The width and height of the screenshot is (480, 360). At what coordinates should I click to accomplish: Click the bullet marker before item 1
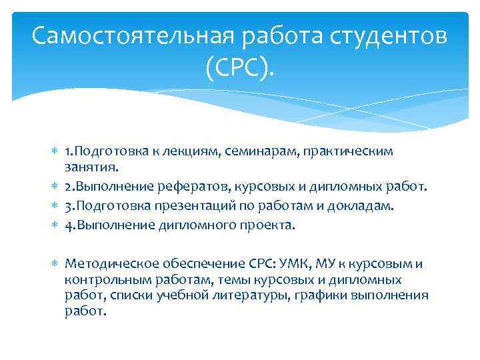tap(55, 151)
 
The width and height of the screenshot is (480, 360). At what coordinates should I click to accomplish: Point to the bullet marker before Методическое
tap(55, 265)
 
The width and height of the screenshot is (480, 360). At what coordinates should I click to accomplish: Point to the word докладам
tap(366, 207)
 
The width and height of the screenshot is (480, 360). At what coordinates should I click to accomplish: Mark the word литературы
tap(251, 295)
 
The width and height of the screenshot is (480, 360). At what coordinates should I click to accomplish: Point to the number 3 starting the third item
tap(68, 207)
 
